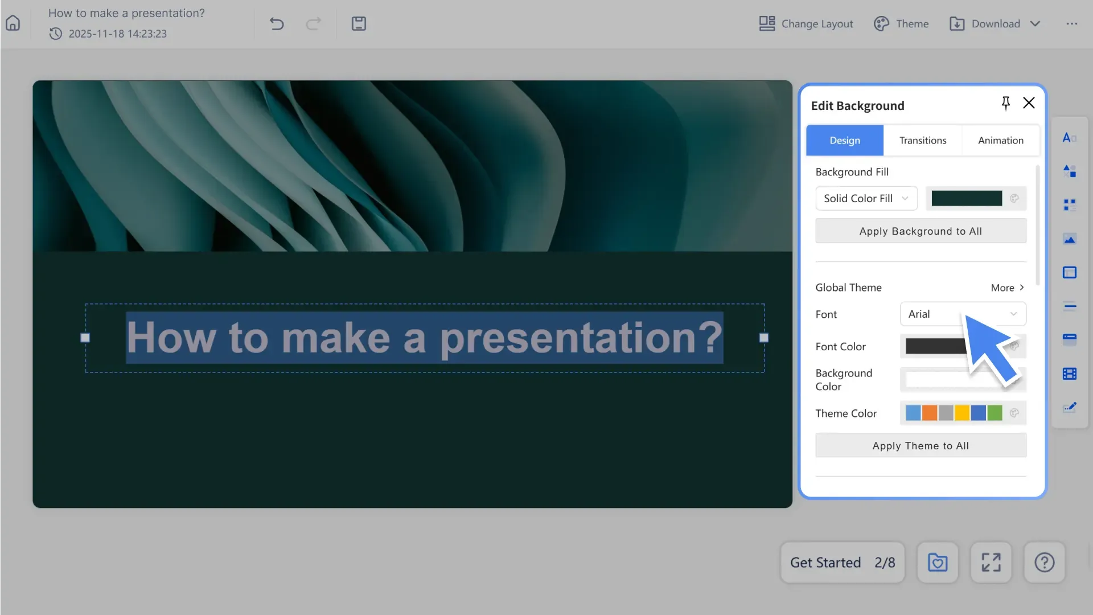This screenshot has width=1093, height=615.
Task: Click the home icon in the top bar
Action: click(x=13, y=23)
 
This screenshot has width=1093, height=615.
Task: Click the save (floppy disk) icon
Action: click(x=359, y=23)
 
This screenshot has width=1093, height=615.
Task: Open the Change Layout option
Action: click(x=806, y=23)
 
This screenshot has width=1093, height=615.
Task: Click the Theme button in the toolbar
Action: click(x=901, y=23)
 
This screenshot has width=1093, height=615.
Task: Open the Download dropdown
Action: click(x=995, y=23)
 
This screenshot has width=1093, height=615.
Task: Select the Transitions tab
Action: click(x=922, y=140)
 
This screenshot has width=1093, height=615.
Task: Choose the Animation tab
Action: click(x=1000, y=140)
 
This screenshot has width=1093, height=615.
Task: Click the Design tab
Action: click(x=845, y=140)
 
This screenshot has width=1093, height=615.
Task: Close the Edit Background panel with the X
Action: click(x=1029, y=103)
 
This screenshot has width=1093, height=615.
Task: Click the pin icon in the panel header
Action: click(x=1005, y=103)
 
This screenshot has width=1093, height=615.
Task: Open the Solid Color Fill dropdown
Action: click(x=866, y=198)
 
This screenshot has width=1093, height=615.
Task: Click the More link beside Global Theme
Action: click(x=1006, y=288)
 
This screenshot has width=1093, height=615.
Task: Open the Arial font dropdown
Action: click(x=962, y=314)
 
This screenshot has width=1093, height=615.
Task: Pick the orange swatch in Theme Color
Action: click(x=929, y=413)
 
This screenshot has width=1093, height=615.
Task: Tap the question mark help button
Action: click(x=1044, y=563)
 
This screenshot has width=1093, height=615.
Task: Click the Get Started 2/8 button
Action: click(x=842, y=563)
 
